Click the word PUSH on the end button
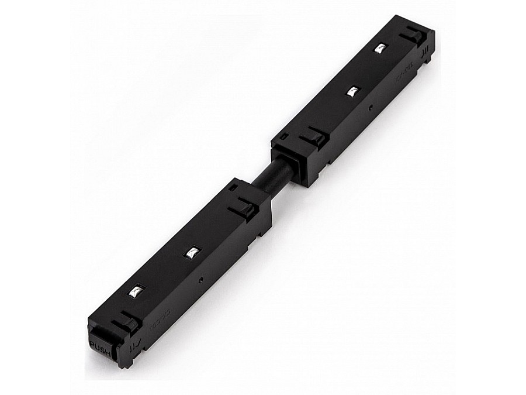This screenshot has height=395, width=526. coord(101,345)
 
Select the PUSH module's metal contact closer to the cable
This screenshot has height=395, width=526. coord(191,253)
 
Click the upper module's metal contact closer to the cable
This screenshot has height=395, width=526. coord(352,91)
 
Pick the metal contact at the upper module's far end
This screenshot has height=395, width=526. coord(381,49)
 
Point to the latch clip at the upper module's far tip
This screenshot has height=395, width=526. coord(417,33)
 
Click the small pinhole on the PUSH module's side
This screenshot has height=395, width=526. coord(201,279)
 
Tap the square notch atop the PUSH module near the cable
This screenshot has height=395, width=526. coord(233,188)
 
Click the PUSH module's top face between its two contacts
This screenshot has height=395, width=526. coord(164,272)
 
